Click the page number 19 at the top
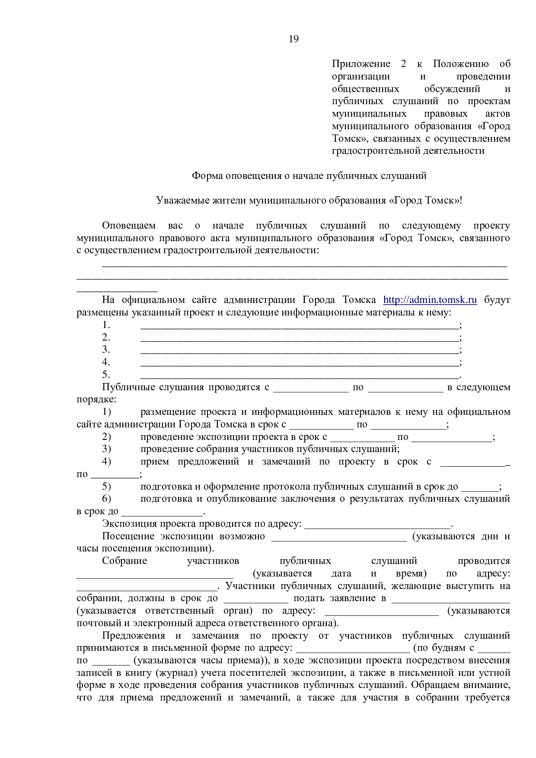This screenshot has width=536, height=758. pos(294,39)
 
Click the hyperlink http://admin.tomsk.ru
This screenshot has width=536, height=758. pos(430,300)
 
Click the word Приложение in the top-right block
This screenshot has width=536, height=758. pos(361,64)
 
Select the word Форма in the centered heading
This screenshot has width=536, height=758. pos(205,176)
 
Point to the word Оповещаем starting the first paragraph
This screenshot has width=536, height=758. pos(128,226)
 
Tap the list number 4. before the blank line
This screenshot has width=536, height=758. pos(106,362)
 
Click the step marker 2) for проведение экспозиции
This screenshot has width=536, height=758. pos(106,437)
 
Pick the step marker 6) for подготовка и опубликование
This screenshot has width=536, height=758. pos(106,499)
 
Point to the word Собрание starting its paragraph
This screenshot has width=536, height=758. pos(124,561)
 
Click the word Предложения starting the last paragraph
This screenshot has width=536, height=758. pos(134,636)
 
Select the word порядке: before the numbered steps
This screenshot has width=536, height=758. pos(96,399)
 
